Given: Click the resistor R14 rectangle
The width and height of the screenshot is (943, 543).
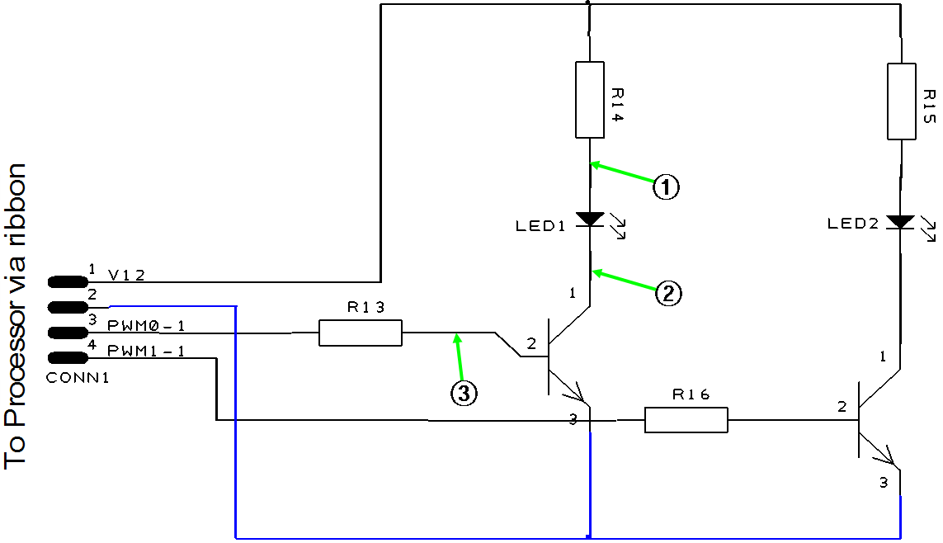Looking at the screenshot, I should [590, 99].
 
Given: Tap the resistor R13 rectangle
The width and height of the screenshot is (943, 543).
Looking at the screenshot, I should [361, 333].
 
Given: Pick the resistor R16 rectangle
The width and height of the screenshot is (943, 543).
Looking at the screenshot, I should [686, 419].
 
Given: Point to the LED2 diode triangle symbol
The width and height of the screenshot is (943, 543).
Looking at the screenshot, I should [900, 222].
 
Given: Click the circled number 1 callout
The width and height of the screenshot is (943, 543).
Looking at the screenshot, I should [666, 187].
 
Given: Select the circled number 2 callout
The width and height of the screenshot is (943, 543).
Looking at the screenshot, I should [667, 293].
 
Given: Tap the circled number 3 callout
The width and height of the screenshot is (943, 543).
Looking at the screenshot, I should [464, 394].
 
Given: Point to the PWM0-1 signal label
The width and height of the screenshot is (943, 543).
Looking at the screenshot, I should [146, 327].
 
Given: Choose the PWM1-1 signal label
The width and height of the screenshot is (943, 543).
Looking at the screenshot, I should [146, 352].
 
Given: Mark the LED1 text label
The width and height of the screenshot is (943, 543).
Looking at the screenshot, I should [540, 226].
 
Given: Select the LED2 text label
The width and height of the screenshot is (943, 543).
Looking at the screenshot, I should [852, 224].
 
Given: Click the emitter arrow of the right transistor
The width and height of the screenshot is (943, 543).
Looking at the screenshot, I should [885, 455].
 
